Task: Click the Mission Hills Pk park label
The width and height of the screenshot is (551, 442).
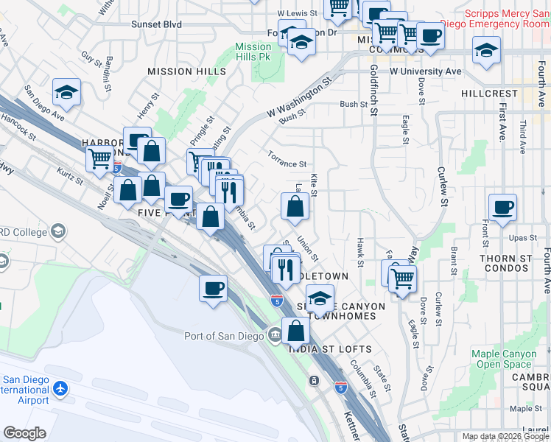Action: click(253, 52)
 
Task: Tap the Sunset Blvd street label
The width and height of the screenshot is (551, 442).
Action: click(156, 24)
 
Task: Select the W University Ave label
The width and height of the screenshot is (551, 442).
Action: click(425, 71)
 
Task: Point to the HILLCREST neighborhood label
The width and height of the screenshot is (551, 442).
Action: click(489, 94)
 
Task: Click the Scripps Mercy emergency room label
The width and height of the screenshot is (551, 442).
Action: click(507, 18)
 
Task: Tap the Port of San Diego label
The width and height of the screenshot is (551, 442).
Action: click(225, 336)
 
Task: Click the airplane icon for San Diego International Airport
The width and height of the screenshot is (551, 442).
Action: click(60, 387)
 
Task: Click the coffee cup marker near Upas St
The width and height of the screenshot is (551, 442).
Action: click(502, 208)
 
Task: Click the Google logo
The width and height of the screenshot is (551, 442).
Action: click(24, 432)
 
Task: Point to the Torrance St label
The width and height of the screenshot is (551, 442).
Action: click(287, 164)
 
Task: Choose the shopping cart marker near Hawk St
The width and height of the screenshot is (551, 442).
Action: click(402, 278)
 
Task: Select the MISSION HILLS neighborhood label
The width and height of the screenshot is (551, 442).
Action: click(186, 71)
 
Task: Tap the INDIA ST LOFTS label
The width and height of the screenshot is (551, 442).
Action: click(331, 348)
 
